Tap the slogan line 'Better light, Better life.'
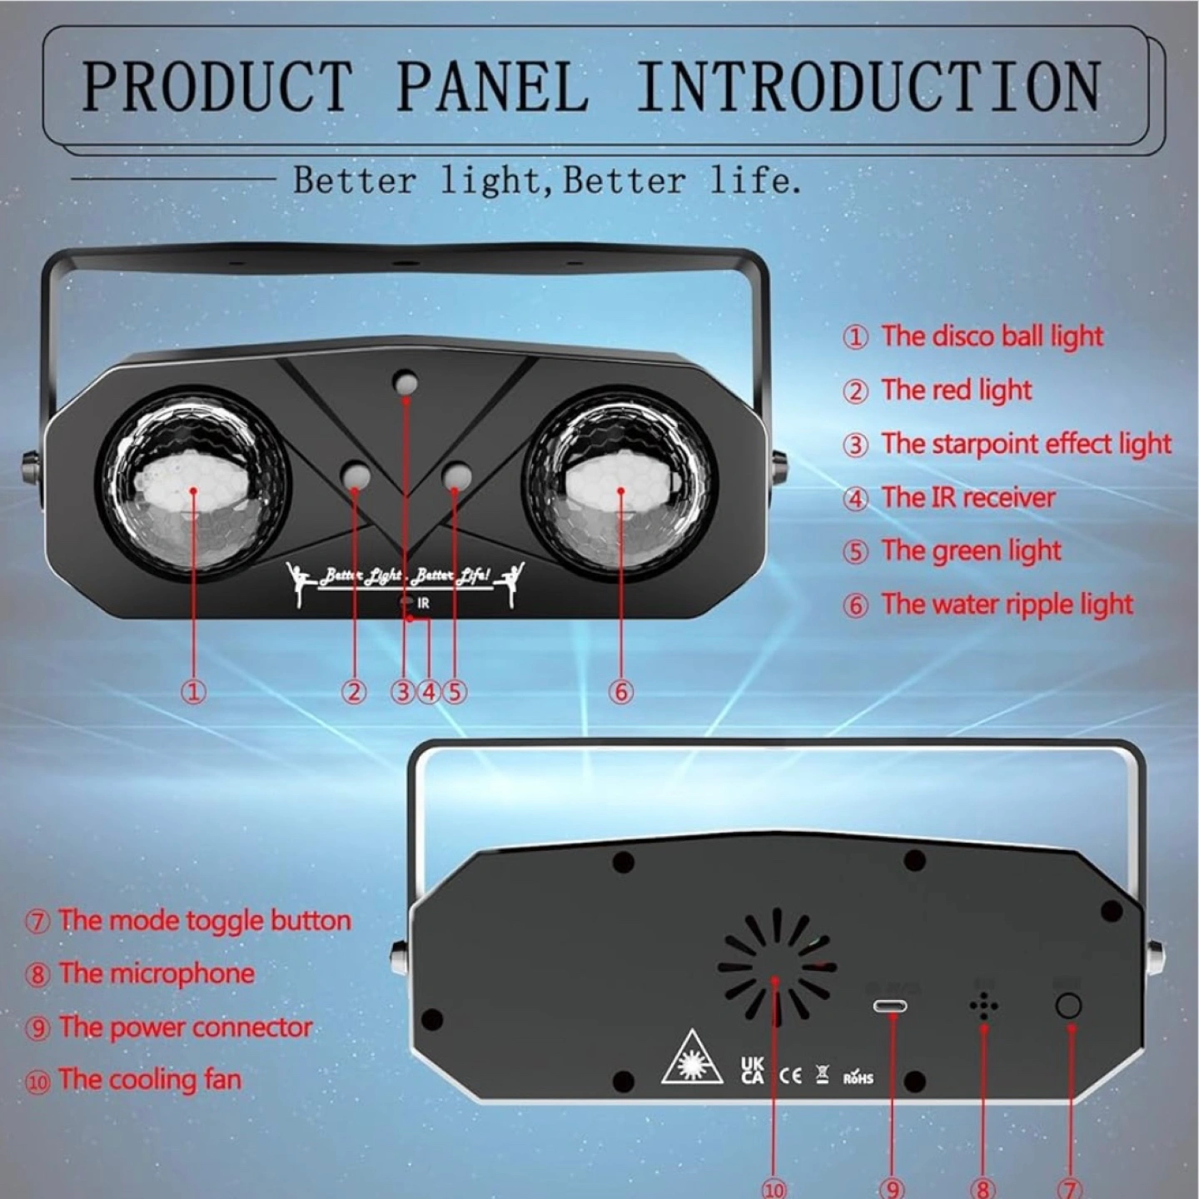tap(548, 181)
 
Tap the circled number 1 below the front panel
tap(193, 691)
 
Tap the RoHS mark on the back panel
tap(858, 1076)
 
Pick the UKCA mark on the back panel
tap(752, 1069)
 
